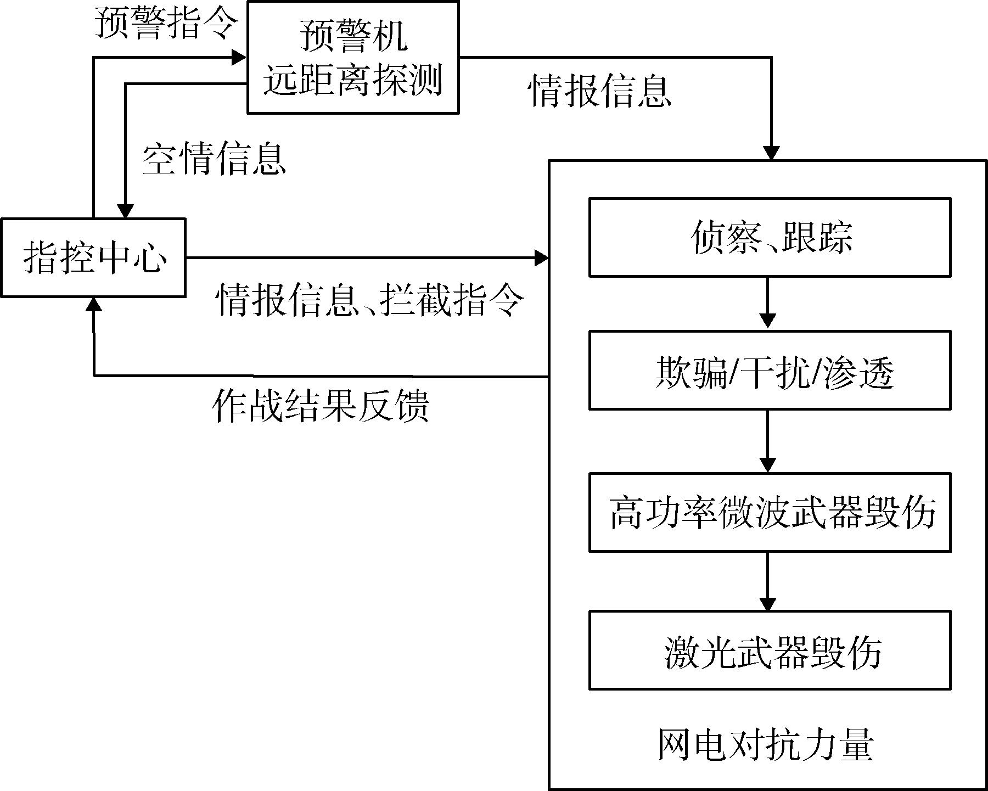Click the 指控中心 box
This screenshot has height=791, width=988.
[93, 257]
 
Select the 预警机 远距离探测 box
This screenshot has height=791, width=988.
[353, 58]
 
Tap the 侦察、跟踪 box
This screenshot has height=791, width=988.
[770, 237]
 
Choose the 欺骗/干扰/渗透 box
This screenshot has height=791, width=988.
[770, 371]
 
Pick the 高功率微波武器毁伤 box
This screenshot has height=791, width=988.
[770, 512]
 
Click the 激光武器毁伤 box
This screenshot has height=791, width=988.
[770, 650]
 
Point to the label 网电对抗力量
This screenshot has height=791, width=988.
[766, 745]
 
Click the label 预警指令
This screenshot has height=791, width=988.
[167, 24]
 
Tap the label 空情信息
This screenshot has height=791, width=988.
[214, 160]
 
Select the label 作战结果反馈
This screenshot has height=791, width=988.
[321, 406]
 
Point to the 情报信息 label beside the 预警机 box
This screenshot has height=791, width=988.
[599, 91]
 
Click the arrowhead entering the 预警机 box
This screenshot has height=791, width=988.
[239, 57]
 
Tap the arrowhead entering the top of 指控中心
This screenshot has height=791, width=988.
[126, 211]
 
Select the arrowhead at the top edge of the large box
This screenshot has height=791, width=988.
[772, 153]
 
